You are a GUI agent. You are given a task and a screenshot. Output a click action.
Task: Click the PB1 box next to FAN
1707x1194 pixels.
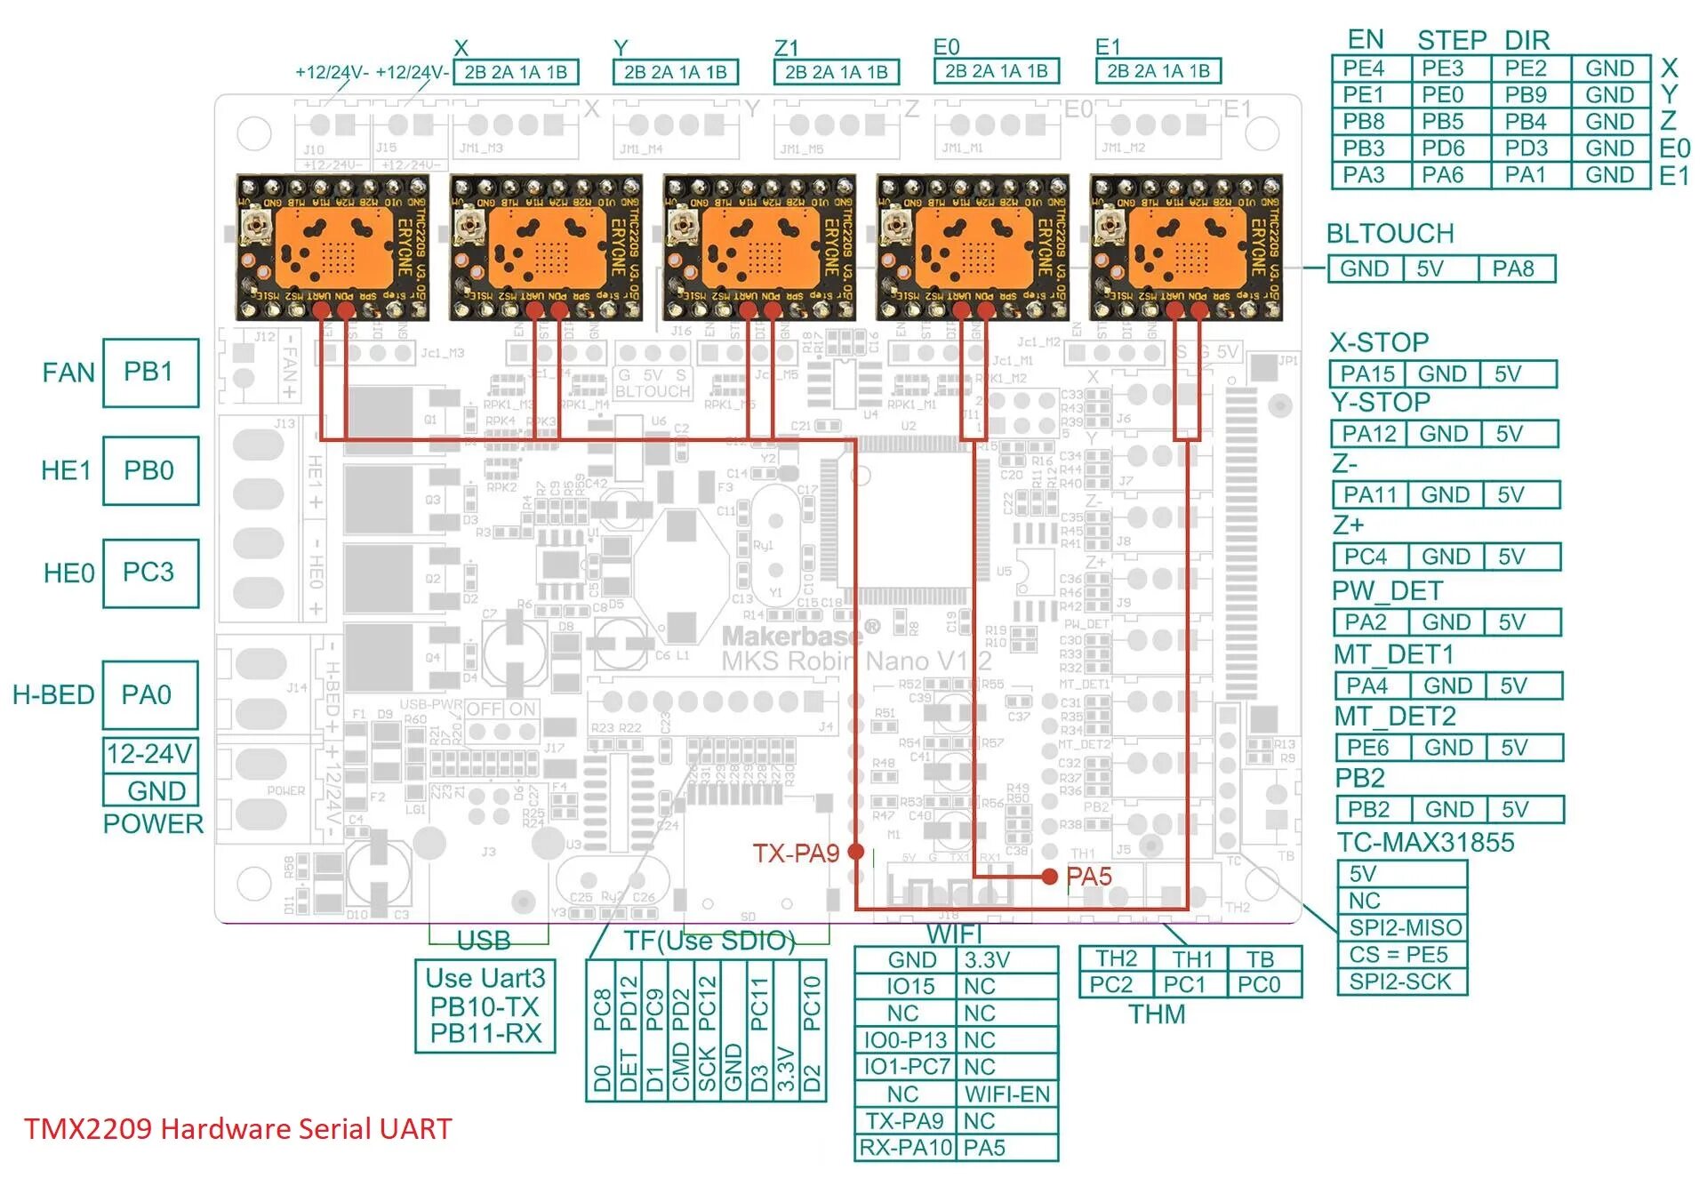(x=149, y=373)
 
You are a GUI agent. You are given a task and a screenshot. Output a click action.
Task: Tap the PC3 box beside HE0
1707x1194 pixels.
(x=149, y=573)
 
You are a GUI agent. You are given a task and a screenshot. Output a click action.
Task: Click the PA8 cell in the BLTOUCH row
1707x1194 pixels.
(x=1513, y=268)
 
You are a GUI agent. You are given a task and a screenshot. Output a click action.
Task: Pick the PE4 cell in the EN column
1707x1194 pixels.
(x=1364, y=68)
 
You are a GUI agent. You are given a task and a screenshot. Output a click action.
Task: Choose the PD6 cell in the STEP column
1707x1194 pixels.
(x=1444, y=148)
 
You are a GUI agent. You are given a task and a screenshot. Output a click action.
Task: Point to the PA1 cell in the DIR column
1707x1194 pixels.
(x=1526, y=175)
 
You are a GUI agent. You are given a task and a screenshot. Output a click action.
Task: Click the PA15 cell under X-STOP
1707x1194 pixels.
(x=1367, y=374)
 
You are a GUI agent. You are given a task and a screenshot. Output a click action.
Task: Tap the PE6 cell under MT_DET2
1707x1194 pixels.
(x=1369, y=748)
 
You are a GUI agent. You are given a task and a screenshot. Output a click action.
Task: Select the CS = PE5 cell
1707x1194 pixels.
(x=1399, y=955)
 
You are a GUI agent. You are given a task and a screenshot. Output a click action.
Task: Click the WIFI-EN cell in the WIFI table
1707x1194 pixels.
(x=1007, y=1094)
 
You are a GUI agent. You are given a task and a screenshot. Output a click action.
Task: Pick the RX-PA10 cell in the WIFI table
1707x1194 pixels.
(x=905, y=1148)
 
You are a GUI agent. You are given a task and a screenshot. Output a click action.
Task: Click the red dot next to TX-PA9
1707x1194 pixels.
(x=856, y=852)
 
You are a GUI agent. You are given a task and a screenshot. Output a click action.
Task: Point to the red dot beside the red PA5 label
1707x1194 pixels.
(x=1050, y=877)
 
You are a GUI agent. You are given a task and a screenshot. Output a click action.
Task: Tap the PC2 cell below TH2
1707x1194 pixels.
(x=1111, y=985)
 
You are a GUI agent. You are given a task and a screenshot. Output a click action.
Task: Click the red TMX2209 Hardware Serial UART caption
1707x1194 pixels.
(x=238, y=1129)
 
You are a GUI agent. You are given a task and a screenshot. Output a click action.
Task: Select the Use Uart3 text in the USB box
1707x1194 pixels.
(x=485, y=979)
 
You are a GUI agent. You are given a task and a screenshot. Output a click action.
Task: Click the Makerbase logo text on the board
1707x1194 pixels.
(x=791, y=636)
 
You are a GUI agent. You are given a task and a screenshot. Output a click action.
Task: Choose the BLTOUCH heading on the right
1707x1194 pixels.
(x=1390, y=234)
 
